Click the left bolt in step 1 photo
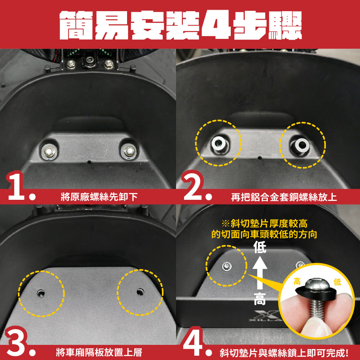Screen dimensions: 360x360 click(49, 151)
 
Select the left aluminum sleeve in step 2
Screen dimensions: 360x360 click(219, 144)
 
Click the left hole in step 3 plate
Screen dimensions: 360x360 click(41, 293)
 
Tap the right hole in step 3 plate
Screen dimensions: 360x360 click(140, 292)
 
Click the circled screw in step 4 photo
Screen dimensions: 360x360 click(227, 266)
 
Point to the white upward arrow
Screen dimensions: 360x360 click(260, 273)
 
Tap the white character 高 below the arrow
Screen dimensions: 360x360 click(260, 298)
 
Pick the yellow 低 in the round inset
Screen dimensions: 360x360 click(338, 282)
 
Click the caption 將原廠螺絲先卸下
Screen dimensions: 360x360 click(99, 197)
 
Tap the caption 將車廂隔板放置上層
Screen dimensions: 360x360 click(99, 352)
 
